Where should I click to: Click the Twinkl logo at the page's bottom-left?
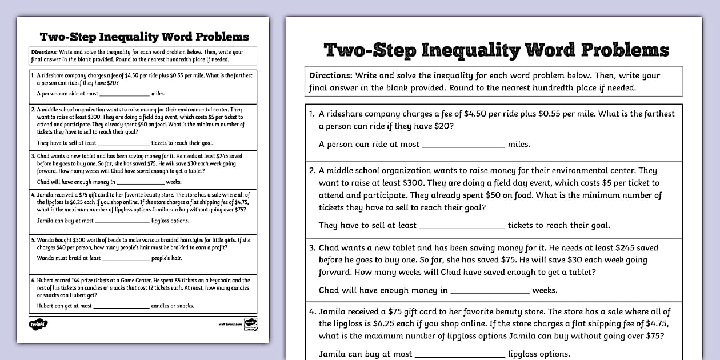[x=38, y=324]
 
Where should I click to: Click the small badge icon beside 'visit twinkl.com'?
[x=250, y=323]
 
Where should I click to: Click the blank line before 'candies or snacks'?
[x=121, y=307]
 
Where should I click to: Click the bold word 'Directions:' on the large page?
[x=330, y=75]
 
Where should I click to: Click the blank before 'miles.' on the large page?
[x=463, y=145]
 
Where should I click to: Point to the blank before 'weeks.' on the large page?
[x=490, y=291]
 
